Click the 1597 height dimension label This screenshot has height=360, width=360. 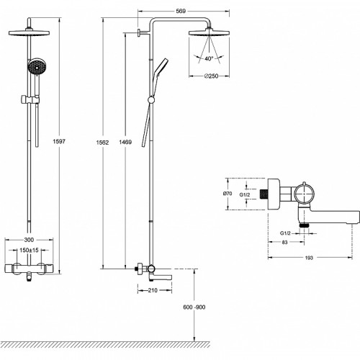[59, 141]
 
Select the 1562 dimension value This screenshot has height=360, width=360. [102, 143]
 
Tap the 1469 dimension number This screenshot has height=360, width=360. [125, 142]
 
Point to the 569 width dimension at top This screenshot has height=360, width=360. [181, 11]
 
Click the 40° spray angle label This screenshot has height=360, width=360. [209, 58]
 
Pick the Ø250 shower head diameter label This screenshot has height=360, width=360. [211, 76]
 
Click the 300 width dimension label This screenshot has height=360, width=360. [29, 240]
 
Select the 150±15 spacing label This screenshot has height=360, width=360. [29, 251]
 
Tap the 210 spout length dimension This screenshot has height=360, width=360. [153, 290]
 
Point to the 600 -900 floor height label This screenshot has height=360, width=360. [194, 307]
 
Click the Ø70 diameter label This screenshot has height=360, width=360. [228, 194]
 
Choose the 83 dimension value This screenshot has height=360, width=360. [284, 243]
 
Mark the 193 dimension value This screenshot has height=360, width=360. [309, 258]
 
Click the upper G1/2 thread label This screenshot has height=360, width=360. [245, 194]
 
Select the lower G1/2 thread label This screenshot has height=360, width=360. [285, 233]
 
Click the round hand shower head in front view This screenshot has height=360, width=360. [37, 66]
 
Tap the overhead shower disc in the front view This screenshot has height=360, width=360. [29, 33]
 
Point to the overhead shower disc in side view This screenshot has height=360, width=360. [209, 33]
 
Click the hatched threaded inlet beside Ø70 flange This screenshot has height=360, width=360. [264, 194]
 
